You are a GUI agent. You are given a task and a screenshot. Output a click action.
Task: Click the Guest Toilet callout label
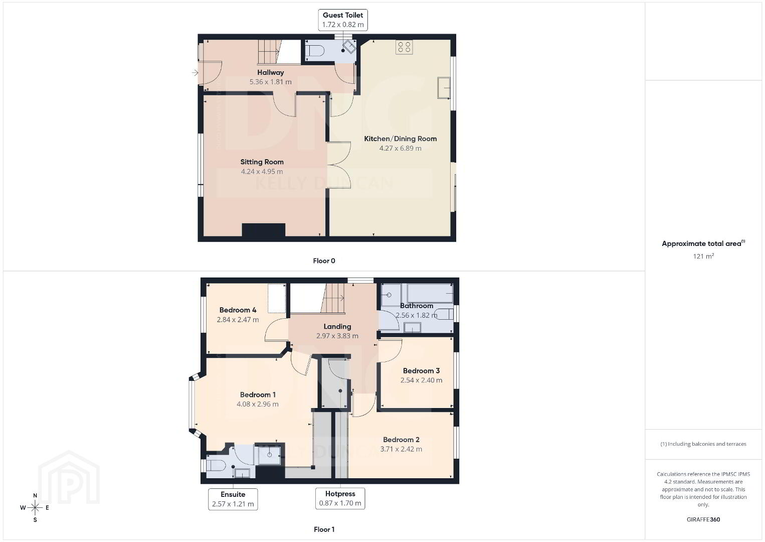[343, 20]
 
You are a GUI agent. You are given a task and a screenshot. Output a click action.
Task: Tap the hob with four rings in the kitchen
[404, 47]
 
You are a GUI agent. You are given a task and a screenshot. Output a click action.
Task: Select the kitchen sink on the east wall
[444, 88]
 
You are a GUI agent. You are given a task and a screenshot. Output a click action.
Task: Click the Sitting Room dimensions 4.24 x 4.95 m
[262, 172]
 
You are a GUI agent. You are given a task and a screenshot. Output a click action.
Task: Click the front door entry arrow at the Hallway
[195, 72]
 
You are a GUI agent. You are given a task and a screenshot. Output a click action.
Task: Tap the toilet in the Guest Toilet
[314, 51]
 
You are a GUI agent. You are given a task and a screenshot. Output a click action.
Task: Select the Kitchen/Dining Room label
[400, 139]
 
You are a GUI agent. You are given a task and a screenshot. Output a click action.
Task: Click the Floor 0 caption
[324, 261]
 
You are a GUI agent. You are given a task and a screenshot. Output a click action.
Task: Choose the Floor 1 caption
[324, 529]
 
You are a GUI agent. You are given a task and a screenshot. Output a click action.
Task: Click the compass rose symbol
[35, 508]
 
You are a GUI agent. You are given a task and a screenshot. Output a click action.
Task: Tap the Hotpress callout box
[340, 498]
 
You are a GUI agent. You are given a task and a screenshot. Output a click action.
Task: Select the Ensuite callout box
[233, 499]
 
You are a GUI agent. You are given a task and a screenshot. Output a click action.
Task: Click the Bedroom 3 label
[421, 371]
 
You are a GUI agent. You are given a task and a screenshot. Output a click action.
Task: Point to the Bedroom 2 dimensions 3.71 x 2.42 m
[401, 449]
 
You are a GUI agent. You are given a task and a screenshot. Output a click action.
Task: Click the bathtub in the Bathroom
[430, 293]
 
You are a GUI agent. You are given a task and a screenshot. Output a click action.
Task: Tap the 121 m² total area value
[703, 256]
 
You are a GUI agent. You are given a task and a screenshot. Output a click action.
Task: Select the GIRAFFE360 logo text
[703, 519]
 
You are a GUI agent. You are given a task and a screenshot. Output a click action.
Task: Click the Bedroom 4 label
[238, 310]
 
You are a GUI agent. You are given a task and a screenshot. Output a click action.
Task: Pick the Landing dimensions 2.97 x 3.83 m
[337, 336]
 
